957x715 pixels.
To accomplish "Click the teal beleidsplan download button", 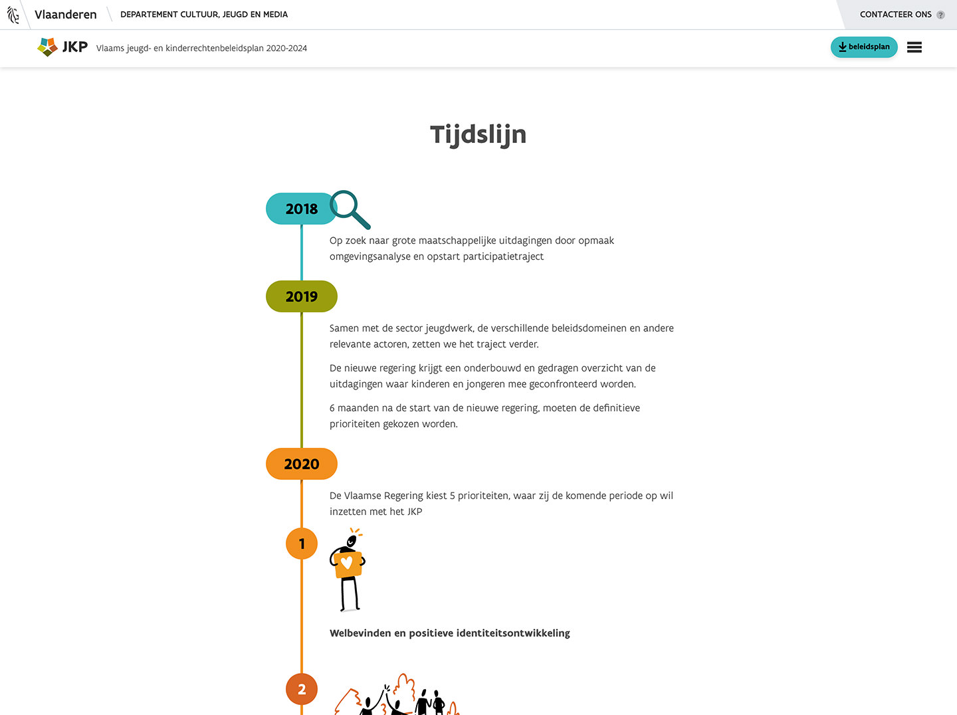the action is (x=864, y=47).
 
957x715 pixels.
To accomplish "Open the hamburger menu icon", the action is (x=914, y=47).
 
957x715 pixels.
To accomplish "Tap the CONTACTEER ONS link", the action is (x=895, y=15).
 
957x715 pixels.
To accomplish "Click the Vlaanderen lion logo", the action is (x=13, y=15).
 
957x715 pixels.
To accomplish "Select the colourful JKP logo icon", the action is (x=48, y=47).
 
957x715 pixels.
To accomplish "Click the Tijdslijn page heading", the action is (x=478, y=135).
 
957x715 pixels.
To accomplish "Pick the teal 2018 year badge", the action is (x=301, y=209).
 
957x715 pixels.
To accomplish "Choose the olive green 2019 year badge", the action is (x=301, y=296).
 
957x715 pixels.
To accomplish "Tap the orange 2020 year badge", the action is (x=301, y=464).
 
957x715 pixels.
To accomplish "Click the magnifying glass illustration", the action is (x=349, y=209).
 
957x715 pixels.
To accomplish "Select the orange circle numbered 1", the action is (x=301, y=544).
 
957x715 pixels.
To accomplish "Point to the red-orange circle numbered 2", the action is (x=301, y=689).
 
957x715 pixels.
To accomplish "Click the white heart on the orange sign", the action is (x=347, y=562).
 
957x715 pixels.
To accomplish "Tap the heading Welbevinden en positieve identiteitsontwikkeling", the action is (x=449, y=633).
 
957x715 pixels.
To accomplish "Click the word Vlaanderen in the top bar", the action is (x=65, y=15).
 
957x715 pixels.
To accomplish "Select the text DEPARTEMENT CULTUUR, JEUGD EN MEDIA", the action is (x=204, y=15).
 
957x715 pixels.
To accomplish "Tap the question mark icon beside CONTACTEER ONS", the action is (x=940, y=15).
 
